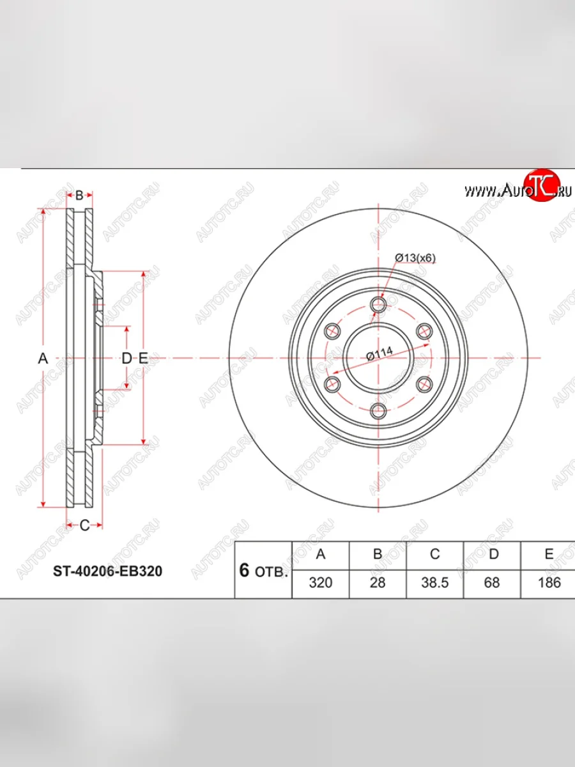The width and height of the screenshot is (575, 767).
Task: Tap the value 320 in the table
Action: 321,582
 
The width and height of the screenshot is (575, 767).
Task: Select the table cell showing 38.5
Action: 434,582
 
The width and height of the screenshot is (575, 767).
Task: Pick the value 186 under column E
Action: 549,582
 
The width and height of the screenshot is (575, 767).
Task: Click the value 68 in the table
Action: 492,582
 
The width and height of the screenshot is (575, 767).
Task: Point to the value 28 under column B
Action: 378,582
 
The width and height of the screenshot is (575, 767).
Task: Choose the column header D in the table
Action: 493,554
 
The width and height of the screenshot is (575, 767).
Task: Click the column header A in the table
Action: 321,554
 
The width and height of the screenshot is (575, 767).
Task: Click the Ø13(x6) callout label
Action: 415,258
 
